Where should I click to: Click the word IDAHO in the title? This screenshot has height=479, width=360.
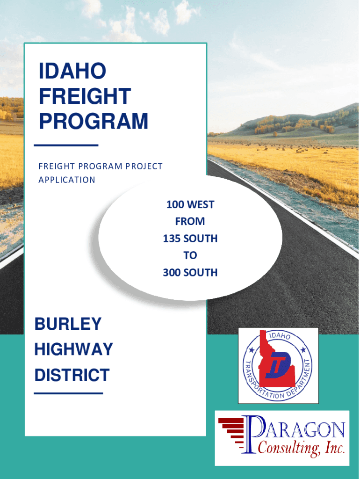pyautogui.click(x=72, y=72)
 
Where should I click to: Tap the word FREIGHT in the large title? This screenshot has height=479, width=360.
pyautogui.click(x=85, y=97)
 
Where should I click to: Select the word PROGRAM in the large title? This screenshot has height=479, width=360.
pyautogui.click(x=94, y=121)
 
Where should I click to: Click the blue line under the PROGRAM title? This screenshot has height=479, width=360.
pyautogui.click(x=66, y=145)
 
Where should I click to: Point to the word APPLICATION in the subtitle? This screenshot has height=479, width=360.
pyautogui.click(x=67, y=180)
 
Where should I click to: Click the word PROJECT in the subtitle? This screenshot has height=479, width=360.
pyautogui.click(x=140, y=166)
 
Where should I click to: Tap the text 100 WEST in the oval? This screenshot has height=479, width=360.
pyautogui.click(x=190, y=204)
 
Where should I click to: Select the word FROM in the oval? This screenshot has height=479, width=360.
pyautogui.click(x=190, y=221)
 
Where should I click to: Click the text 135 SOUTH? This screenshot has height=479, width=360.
pyautogui.click(x=190, y=239)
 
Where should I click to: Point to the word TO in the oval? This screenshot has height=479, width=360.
pyautogui.click(x=190, y=255)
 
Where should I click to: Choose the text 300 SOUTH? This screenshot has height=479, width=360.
pyautogui.click(x=190, y=272)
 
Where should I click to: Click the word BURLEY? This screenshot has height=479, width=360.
pyautogui.click(x=68, y=324)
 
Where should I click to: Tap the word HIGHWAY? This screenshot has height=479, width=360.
pyautogui.click(x=73, y=349)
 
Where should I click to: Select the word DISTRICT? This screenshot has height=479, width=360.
pyautogui.click(x=72, y=375)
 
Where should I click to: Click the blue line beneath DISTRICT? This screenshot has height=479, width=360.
pyautogui.click(x=68, y=393)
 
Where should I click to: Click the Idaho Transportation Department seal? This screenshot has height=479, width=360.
pyautogui.click(x=278, y=365)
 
